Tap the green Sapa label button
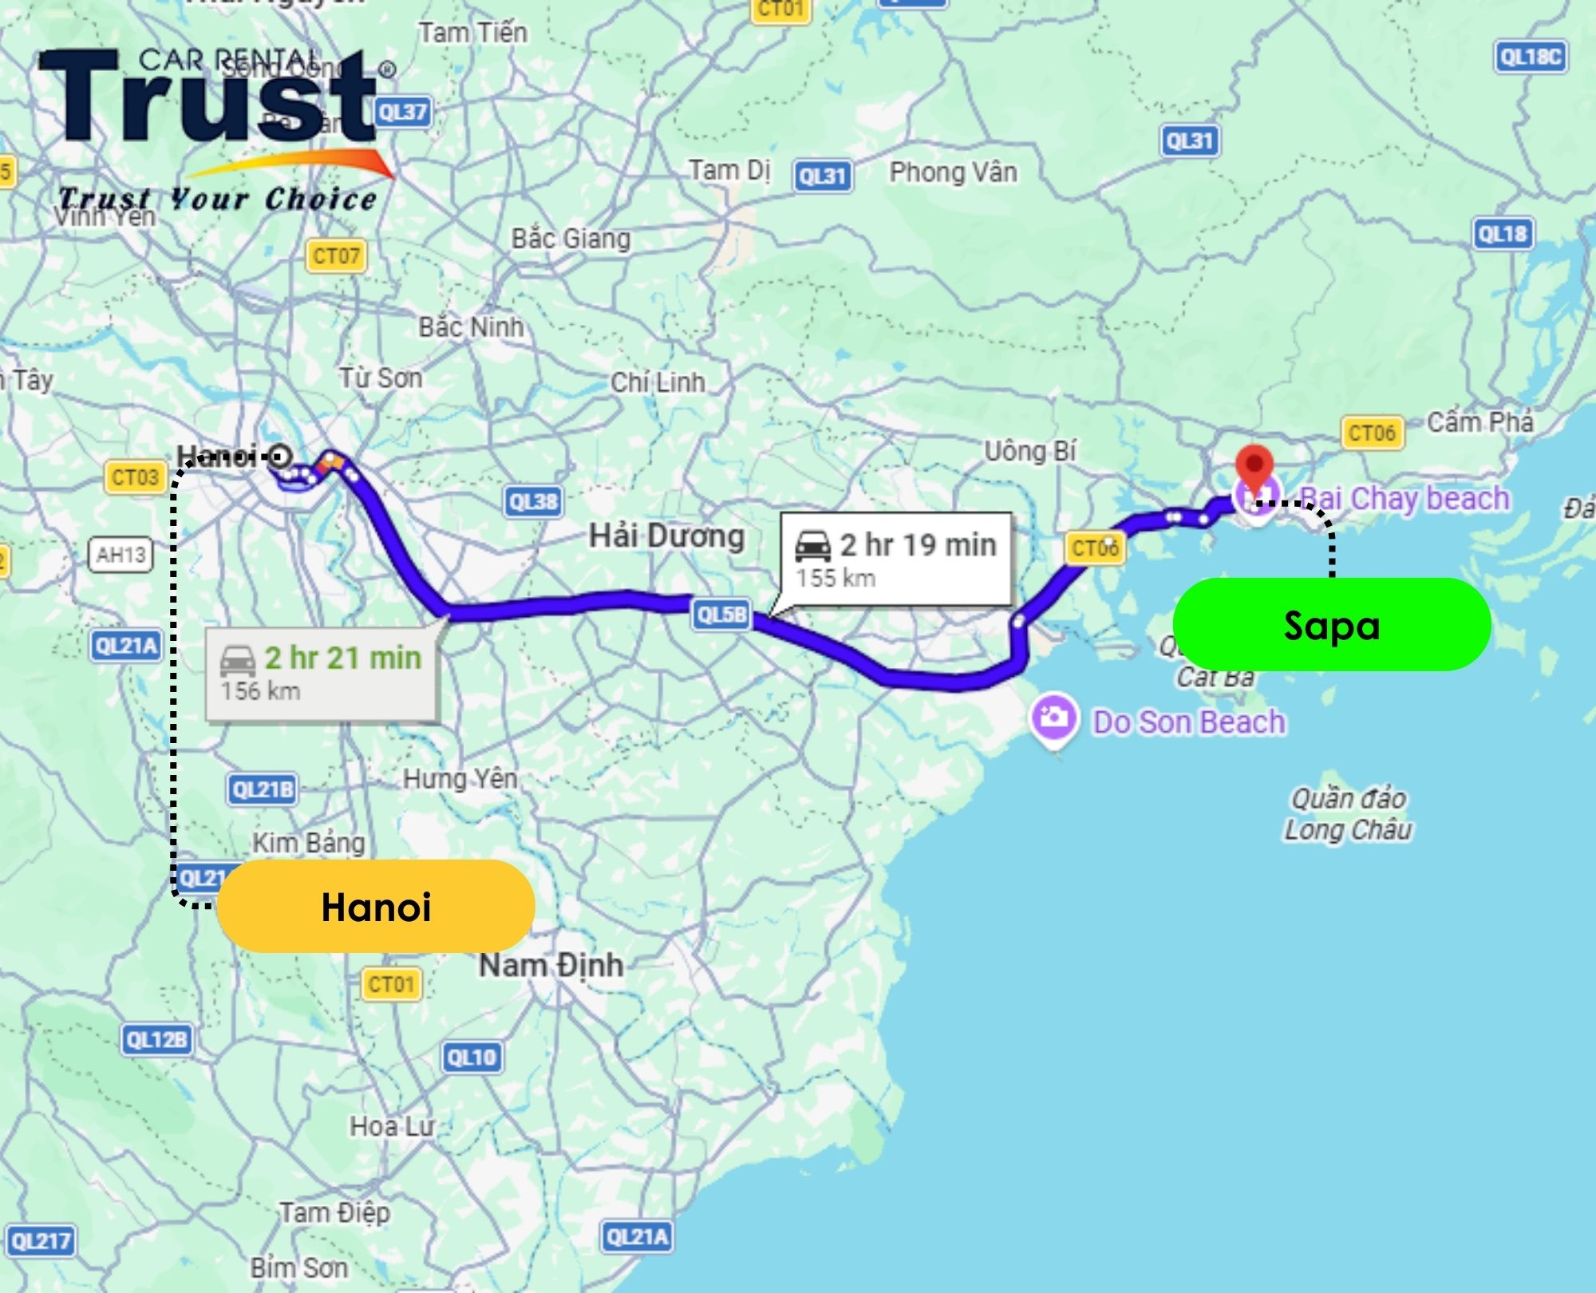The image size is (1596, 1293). pos(1331,624)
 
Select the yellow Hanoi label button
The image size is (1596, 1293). pos(376,906)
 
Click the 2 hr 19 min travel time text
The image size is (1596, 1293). pos(918,545)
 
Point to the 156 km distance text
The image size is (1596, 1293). pos(261,691)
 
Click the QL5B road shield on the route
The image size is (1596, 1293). pos(721,615)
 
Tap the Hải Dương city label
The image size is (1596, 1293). pos(666,536)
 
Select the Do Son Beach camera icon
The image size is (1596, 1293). pos(1053,718)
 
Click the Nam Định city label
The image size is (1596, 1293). pos(551,965)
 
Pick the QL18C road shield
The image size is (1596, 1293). pos(1530,57)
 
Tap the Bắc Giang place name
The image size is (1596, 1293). pos(571,239)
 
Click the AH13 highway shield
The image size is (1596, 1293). pos(120,555)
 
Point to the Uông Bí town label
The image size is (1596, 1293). pos(1030,452)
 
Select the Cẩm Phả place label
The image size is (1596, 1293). pos(1479,422)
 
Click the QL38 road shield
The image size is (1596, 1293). pos(533,502)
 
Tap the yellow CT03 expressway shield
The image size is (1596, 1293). pos(135,477)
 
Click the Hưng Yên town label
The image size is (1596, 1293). pos(460,778)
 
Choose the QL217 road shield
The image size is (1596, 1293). pos(41,1241)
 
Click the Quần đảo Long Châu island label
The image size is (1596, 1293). pos(1348,814)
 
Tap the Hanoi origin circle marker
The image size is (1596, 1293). pos(279,457)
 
